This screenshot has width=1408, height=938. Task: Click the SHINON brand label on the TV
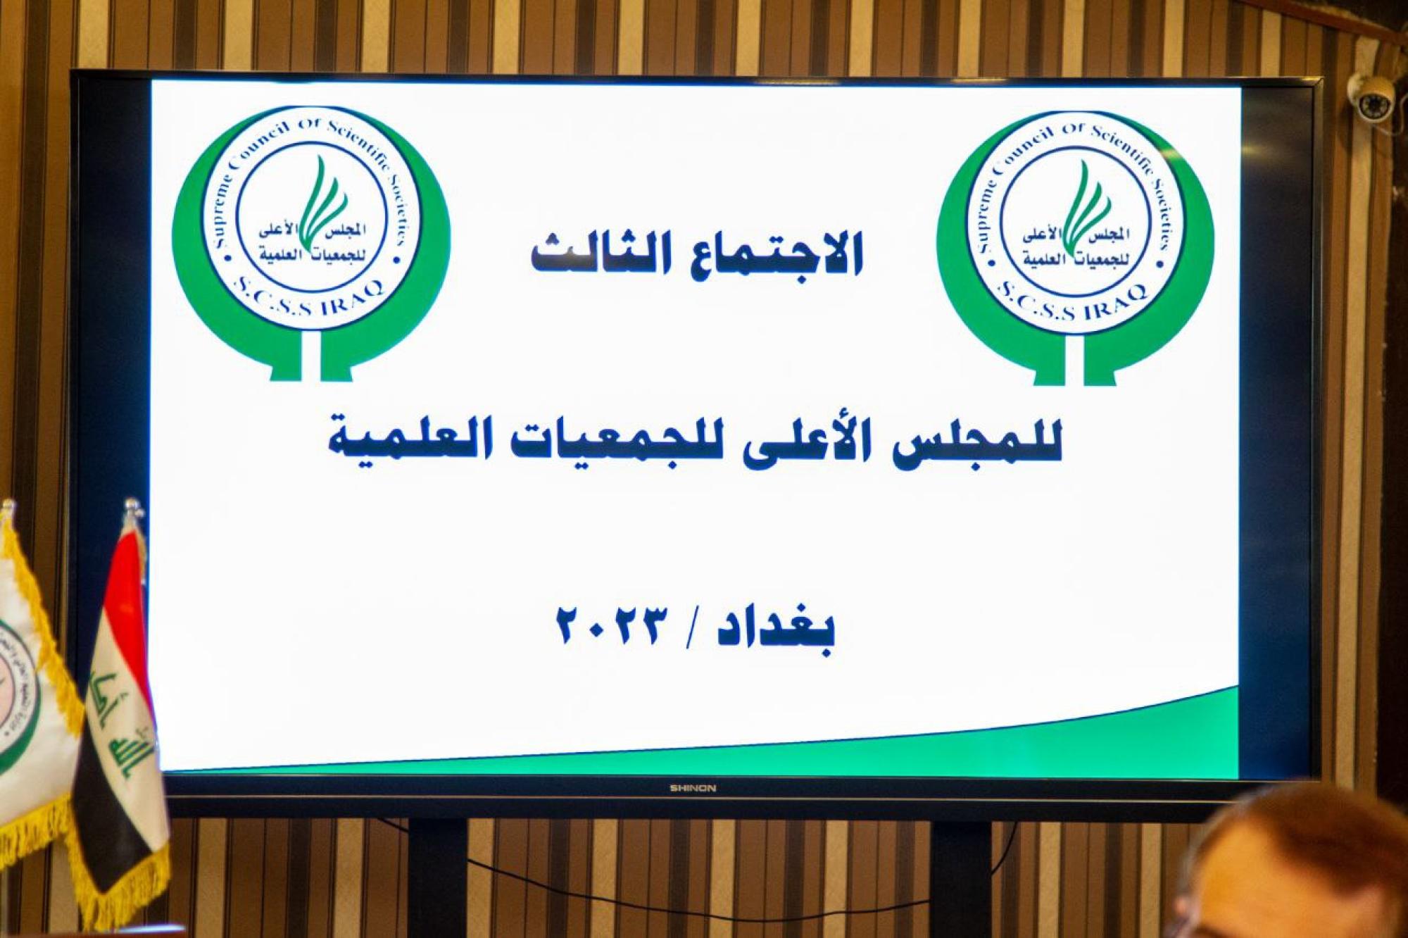693,789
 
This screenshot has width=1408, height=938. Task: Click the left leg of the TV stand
437,877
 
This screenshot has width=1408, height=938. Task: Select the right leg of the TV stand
961,877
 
